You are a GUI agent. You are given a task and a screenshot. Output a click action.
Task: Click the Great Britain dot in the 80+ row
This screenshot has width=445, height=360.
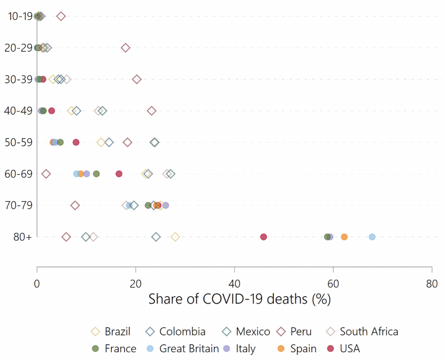click(x=372, y=237)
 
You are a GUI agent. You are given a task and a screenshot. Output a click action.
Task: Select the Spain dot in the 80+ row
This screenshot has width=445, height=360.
click(x=344, y=237)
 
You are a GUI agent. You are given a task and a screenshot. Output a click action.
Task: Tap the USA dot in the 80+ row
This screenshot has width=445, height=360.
click(x=263, y=237)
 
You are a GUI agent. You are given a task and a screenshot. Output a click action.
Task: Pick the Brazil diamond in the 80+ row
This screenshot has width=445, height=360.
click(x=175, y=237)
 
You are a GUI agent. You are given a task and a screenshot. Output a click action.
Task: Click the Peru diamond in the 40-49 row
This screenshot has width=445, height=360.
click(x=151, y=111)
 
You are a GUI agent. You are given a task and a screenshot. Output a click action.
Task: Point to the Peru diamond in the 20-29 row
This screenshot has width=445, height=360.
click(x=126, y=48)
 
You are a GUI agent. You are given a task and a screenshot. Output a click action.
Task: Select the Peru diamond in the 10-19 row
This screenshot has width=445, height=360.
click(x=61, y=17)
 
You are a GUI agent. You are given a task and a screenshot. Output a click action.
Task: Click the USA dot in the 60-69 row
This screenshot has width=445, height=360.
click(x=119, y=174)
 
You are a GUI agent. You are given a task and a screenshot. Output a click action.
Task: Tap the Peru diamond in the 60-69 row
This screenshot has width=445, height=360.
click(x=46, y=174)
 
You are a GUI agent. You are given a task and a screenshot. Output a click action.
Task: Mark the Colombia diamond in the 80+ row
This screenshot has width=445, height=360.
click(x=156, y=237)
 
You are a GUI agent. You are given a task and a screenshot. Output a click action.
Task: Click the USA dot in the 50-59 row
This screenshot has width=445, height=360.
click(x=76, y=142)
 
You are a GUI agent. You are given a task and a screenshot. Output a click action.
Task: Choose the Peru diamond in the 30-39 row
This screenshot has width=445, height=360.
click(x=137, y=79)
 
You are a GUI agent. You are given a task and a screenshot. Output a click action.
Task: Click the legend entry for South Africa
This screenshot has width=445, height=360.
click(x=369, y=332)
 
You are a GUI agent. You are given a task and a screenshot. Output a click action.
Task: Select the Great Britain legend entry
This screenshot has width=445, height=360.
click(x=189, y=348)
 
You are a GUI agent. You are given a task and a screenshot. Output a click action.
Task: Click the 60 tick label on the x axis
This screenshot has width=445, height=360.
click(x=333, y=284)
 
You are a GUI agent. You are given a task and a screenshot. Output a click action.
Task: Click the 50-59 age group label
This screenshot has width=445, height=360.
click(x=18, y=142)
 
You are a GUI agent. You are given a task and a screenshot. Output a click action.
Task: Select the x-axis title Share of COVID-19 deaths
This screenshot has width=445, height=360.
click(x=240, y=299)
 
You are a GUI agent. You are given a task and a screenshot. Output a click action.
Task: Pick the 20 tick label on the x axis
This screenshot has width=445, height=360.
click(x=136, y=284)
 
